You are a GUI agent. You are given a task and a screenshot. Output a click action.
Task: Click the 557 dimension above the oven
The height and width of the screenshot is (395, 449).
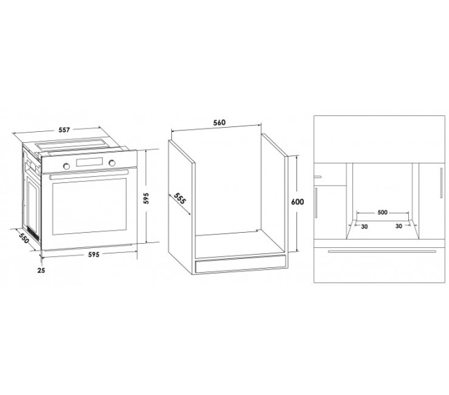click(x=64, y=130)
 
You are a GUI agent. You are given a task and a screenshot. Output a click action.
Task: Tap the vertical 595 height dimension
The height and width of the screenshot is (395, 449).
click(x=146, y=198)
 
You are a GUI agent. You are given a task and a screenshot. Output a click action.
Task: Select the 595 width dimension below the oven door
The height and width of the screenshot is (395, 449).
click(x=94, y=254)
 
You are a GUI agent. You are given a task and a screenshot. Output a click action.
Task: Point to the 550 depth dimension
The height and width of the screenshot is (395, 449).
click(x=24, y=238)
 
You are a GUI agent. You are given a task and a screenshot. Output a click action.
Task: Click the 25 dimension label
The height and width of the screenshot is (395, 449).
click(x=41, y=270)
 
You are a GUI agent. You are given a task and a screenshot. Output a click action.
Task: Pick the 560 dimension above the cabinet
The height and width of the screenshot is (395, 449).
click(x=220, y=122)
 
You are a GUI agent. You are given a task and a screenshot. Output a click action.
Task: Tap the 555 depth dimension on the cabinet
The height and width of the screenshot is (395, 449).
click(x=180, y=198)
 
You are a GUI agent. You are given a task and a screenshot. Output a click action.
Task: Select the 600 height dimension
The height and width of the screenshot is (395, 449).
click(x=298, y=202)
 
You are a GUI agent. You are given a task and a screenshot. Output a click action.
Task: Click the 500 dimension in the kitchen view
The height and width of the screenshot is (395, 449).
click(x=383, y=213)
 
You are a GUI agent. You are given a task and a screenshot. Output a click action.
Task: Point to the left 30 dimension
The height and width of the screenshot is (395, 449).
click(x=364, y=227)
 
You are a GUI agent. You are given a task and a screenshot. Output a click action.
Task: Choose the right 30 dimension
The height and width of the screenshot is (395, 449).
click(x=399, y=226)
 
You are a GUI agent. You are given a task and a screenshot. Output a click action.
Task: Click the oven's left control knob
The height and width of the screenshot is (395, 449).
click(x=66, y=166)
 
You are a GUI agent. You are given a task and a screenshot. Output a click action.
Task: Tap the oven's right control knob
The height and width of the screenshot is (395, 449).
click(x=112, y=163)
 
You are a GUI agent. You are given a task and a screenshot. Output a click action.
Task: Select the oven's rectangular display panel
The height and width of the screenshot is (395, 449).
click(x=89, y=162)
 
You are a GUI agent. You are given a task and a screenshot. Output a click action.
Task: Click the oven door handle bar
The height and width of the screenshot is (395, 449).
click(x=89, y=174)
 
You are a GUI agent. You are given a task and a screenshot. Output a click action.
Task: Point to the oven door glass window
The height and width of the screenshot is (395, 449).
click(x=89, y=206)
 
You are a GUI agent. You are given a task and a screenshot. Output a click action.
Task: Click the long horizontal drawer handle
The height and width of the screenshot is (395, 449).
click(x=382, y=251)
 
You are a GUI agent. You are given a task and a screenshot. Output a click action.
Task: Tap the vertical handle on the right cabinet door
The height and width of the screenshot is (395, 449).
click(x=441, y=182)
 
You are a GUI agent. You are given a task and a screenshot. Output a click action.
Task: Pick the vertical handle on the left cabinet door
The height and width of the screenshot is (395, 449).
click(x=316, y=203)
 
